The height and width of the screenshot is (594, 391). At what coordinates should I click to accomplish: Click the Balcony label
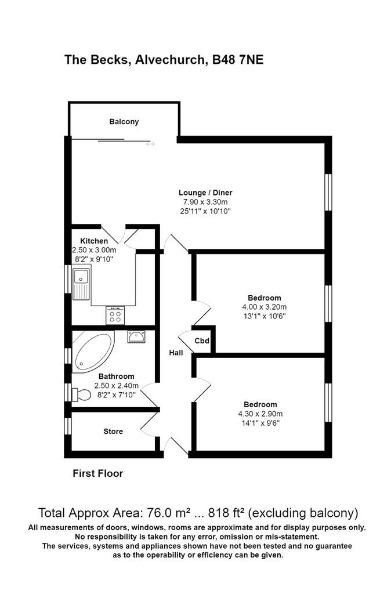pos(124,122)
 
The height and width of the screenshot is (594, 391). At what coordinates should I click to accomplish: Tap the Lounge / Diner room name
pos(205,193)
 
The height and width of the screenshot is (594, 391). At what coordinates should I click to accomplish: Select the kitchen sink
pos(81,284)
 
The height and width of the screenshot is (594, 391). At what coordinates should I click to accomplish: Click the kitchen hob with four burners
pos(115,316)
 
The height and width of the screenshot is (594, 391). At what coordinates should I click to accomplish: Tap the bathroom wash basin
pos(136,336)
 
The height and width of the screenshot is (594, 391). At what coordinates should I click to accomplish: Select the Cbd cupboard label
pos(202,341)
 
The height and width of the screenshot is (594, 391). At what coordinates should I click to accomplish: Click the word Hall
pos(176,353)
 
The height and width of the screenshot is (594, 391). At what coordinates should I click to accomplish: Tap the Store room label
pos(113,432)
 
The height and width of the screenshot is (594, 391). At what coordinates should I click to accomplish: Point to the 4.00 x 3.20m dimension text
pos(265,307)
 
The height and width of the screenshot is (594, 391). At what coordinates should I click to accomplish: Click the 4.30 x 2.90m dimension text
pos(260,414)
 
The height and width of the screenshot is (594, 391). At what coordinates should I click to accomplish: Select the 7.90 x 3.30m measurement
pos(205,202)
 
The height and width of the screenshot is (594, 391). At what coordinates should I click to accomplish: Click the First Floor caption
pos(97,473)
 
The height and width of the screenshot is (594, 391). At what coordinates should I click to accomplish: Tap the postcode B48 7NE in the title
pos(238,60)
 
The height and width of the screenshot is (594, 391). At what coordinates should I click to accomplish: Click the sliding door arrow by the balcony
pos(150,144)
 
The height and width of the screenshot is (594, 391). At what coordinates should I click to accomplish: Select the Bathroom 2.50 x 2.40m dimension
pos(117,386)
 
